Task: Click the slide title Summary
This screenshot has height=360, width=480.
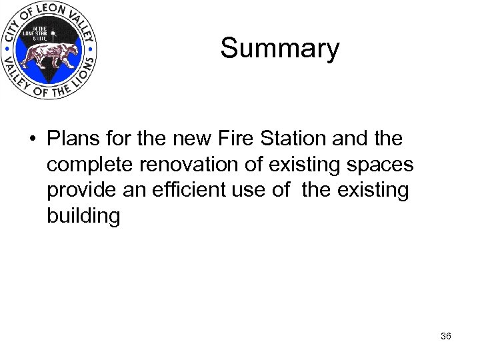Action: (x=279, y=49)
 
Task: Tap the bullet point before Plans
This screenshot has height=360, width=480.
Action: (x=31, y=139)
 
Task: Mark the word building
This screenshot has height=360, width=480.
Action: (x=83, y=217)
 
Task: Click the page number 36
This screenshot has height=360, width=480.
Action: (x=446, y=337)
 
